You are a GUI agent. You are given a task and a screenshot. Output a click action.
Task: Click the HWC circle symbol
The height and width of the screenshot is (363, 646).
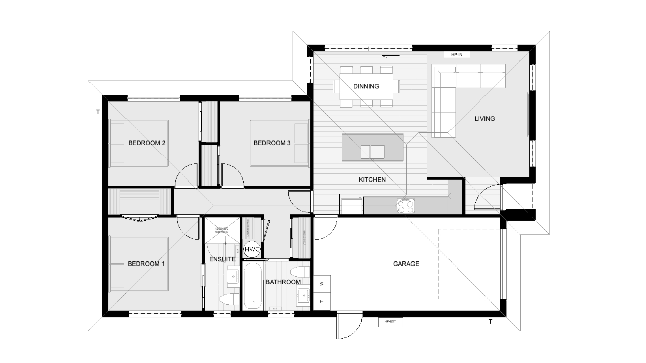click(252, 249)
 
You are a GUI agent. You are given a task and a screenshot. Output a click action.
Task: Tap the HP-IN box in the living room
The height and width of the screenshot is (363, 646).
click(457, 55)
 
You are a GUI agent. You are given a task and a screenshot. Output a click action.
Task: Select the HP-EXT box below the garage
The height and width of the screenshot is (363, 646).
click(390, 322)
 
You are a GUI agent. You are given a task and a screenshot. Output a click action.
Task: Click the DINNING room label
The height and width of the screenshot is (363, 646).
click(366, 86)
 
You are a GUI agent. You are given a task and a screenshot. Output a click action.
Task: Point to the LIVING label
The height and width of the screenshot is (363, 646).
click(485, 119)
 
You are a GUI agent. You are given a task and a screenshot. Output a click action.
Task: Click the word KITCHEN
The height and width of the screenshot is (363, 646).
click(372, 179)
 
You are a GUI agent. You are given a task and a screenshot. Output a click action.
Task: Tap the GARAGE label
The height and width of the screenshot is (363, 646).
click(406, 264)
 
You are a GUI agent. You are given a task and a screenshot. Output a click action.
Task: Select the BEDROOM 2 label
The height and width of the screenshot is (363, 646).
click(147, 143)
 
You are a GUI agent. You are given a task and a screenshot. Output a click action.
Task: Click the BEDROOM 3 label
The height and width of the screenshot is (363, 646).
click(272, 143)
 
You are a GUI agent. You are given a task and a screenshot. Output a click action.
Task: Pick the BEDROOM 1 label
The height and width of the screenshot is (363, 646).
click(146, 264)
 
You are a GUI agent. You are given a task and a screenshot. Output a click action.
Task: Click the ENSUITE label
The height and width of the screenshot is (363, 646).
click(222, 259)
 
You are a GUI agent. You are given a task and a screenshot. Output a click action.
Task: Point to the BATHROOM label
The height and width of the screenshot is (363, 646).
click(283, 282)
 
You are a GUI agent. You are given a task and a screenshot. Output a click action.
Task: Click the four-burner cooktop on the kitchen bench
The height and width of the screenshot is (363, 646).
click(406, 206)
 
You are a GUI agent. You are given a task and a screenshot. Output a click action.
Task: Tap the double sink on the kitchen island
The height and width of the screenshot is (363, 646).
click(372, 152)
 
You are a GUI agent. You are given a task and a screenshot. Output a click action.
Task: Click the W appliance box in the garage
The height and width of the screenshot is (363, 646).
click(322, 284)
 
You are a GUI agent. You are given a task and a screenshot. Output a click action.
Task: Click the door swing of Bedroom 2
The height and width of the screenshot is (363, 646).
click(186, 176)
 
